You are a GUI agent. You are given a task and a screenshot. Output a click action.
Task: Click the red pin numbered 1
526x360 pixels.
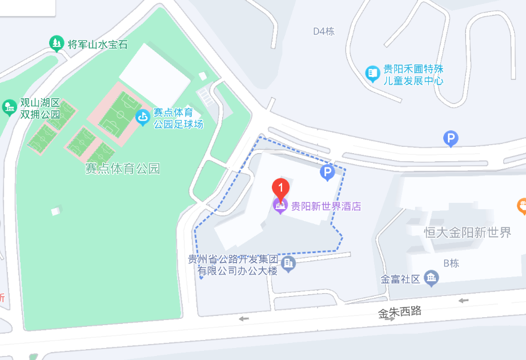(280, 187)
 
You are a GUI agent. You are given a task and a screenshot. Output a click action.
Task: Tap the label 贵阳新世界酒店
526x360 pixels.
(326, 206)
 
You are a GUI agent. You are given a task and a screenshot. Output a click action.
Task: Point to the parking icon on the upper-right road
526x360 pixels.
(451, 138)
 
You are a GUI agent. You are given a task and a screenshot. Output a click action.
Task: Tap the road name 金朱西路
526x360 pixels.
(400, 312)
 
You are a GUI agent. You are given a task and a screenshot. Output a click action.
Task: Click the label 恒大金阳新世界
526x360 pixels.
(468, 233)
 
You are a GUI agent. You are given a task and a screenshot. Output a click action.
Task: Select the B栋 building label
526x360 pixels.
(451, 263)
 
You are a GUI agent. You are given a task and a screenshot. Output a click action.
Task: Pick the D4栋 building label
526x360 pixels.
(323, 31)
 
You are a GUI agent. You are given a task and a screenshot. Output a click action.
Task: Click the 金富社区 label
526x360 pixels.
(400, 279)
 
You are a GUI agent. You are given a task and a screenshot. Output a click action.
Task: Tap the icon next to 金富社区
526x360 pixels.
(432, 278)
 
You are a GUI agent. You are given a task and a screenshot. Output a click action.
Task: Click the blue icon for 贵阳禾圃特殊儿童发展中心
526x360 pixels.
(372, 73)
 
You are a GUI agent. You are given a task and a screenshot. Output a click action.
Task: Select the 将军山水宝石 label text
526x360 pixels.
(97, 44)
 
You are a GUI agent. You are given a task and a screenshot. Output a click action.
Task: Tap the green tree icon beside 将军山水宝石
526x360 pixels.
(56, 43)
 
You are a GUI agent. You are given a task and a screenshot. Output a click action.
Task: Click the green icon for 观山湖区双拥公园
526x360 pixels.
(9, 107)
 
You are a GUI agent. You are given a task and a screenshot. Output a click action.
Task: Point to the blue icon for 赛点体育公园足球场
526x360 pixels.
(142, 118)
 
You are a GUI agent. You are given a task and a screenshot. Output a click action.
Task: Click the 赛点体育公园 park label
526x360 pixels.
(122, 169)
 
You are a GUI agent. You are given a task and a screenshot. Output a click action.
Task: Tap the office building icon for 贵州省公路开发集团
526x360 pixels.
(289, 263)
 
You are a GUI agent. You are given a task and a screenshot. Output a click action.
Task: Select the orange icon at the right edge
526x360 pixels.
(521, 205)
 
